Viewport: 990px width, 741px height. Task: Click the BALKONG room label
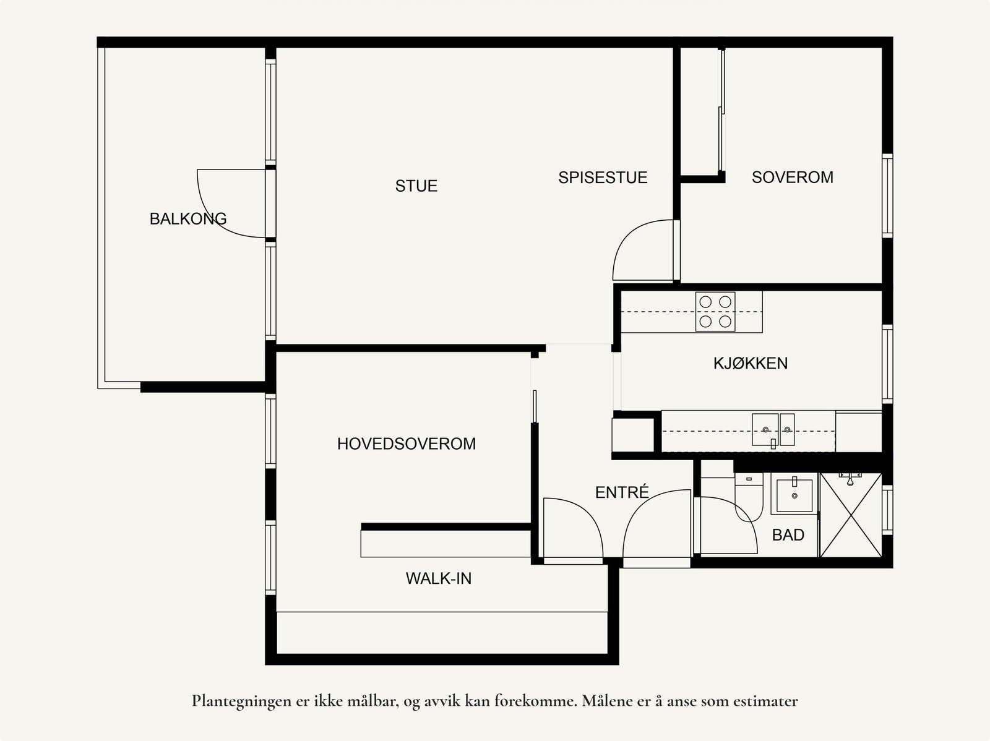click(188, 218)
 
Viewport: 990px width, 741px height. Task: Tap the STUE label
click(416, 186)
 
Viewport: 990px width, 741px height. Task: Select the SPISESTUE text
click(603, 177)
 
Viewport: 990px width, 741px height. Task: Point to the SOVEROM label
click(793, 177)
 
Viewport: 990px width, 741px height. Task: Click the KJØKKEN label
click(751, 363)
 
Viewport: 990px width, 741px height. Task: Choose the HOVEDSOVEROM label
click(407, 443)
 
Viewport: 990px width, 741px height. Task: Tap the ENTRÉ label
click(622, 492)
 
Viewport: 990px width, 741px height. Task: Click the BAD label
click(788, 534)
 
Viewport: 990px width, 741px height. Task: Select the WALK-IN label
click(439, 578)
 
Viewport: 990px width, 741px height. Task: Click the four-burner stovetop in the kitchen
click(715, 312)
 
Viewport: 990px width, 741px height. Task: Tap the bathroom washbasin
click(794, 494)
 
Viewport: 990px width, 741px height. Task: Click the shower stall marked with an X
click(851, 515)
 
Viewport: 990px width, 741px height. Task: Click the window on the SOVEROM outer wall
click(887, 195)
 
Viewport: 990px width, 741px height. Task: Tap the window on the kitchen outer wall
click(887, 364)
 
